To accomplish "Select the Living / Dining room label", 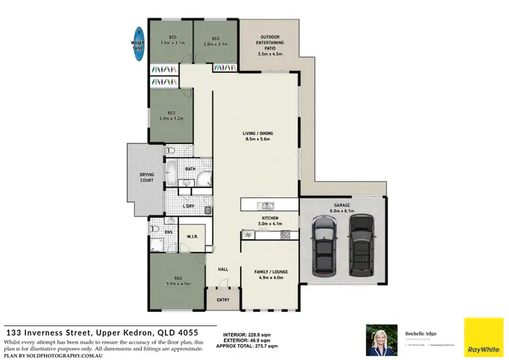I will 257,136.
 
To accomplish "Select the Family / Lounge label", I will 271,274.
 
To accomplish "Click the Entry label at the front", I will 223,300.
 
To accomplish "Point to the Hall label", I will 223,270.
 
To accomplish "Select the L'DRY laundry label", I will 189,206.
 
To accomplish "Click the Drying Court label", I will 147,178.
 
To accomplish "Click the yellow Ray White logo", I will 483,336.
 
